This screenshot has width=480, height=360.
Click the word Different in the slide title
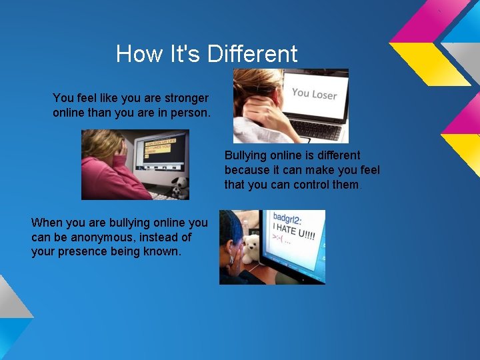[253, 53]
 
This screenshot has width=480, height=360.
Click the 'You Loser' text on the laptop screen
[314, 94]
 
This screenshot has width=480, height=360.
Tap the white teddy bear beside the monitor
[250, 248]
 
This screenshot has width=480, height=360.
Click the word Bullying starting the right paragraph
[245, 155]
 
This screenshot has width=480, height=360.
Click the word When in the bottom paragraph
[47, 223]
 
